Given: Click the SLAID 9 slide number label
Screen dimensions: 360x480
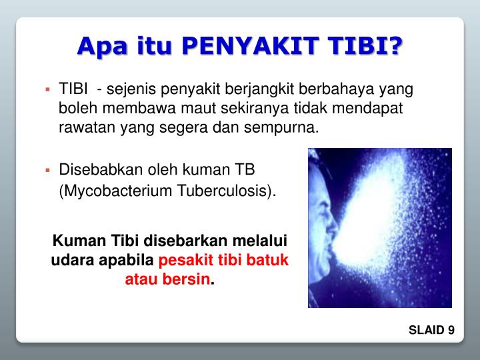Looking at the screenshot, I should [x=432, y=331].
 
